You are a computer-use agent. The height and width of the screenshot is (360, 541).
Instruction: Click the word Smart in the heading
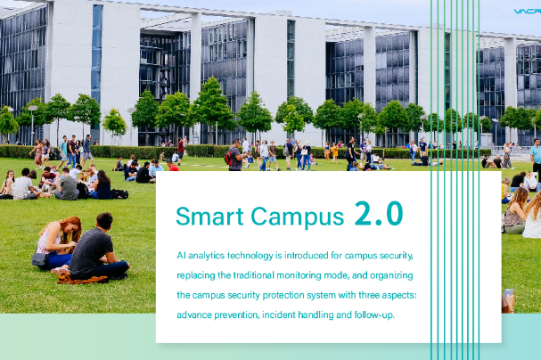pos(209,217)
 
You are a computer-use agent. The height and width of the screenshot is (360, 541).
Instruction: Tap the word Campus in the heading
pos(298,217)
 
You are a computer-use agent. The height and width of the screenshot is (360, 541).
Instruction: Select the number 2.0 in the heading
pos(379,214)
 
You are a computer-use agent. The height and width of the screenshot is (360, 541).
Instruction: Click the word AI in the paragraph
pos(182,256)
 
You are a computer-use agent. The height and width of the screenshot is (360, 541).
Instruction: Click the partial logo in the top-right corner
pos(528,12)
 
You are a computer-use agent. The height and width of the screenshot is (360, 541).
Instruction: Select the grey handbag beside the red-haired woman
pos(40,259)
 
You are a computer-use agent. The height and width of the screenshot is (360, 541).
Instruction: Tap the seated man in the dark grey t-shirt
pos(98,248)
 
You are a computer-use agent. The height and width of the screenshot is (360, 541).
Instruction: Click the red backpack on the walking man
pos(228,158)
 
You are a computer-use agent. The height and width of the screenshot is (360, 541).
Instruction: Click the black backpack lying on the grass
pos(119,194)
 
